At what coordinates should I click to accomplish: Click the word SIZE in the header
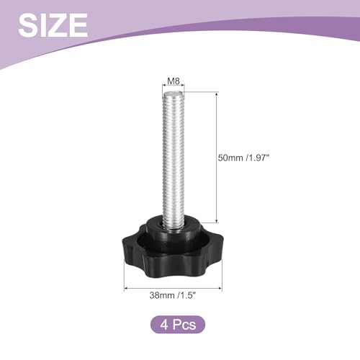click(53, 25)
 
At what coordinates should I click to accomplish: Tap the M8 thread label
click(174, 81)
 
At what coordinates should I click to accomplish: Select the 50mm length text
click(230, 158)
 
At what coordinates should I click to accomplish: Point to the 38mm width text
click(162, 295)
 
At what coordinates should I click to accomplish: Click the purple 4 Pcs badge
click(178, 325)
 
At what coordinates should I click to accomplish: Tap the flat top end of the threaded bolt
click(174, 94)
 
